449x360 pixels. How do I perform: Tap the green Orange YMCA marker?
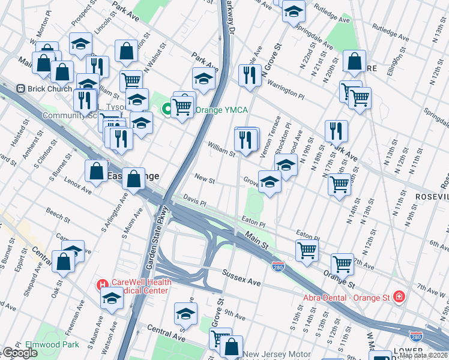tap(167, 109)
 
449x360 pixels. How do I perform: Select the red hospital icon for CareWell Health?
tap(103, 284)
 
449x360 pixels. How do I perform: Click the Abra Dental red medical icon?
tap(398, 296)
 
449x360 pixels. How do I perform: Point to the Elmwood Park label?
tap(52, 345)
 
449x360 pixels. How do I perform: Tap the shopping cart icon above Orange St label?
tap(342, 262)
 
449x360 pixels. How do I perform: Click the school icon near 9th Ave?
tap(185, 313)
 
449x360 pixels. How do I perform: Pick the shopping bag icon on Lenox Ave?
tap(96, 170)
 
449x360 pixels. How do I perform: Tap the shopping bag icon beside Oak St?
tap(64, 262)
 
